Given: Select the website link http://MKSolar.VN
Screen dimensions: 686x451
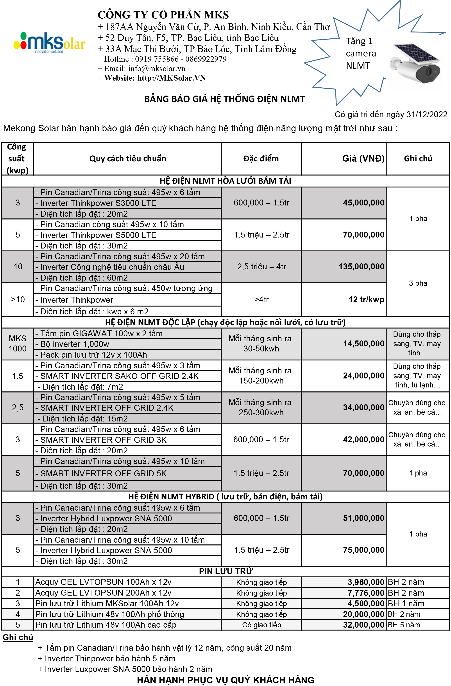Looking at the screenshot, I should tap(171, 78).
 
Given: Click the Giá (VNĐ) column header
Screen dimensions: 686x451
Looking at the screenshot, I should tap(363, 158).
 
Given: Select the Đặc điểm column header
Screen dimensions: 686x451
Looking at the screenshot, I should tap(261, 158).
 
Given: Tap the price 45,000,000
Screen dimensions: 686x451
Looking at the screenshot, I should tap(363, 203).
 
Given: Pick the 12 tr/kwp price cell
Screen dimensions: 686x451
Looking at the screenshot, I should tap(366, 299).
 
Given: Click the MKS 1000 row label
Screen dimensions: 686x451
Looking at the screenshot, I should tap(18, 343).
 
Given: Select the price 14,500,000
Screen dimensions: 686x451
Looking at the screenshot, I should tap(363, 344).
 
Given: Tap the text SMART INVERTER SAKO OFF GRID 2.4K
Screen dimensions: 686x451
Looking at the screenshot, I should tap(119, 376).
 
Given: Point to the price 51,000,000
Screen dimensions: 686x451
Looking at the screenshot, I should tap(363, 518).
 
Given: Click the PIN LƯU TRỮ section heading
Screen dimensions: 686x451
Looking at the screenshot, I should tap(225, 571).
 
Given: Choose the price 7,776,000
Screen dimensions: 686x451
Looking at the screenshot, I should tap(365, 593).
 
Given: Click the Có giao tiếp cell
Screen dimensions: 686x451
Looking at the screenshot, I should tap(261, 625).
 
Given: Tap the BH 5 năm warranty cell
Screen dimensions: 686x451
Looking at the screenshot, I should tap(404, 625).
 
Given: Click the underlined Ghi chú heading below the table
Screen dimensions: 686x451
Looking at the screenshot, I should tap(18, 637).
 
